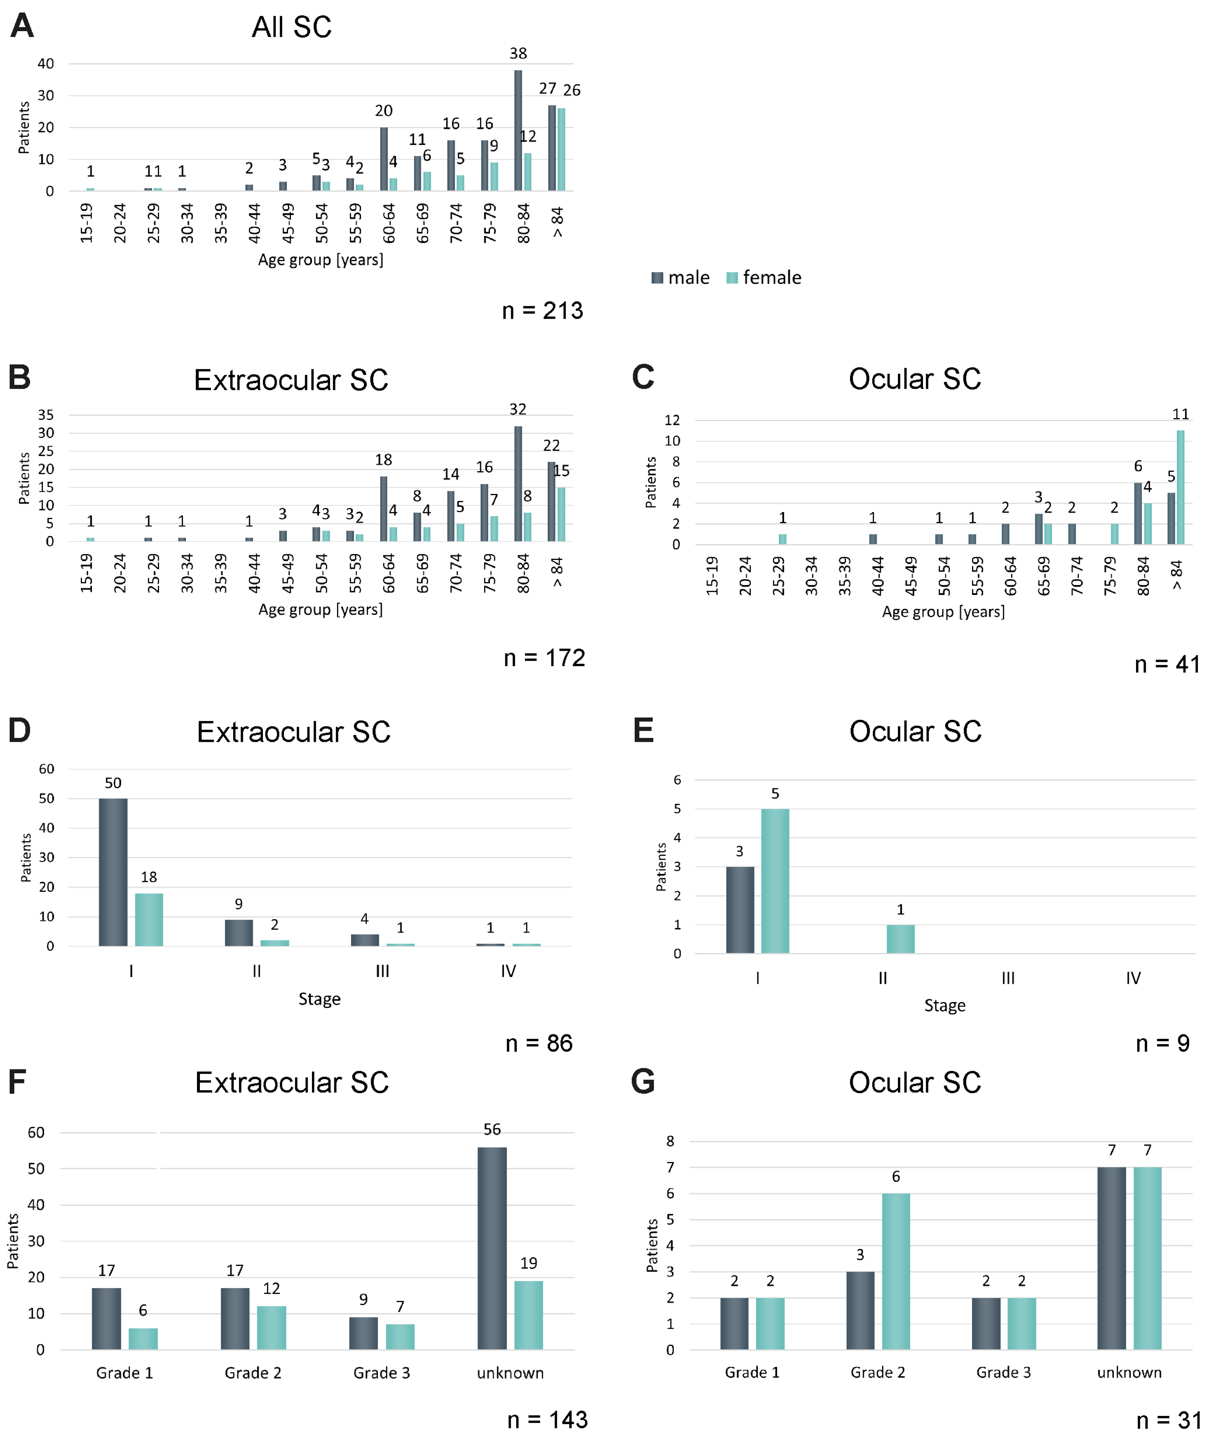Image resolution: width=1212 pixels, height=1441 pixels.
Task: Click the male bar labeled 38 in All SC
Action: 518,131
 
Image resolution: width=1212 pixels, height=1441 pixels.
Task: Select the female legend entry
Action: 764,277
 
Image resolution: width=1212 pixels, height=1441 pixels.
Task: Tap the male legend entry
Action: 680,277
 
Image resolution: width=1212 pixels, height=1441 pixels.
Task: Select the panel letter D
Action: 20,730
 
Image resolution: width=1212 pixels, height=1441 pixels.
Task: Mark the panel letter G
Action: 643,1081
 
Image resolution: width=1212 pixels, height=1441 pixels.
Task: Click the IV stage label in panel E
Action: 1133,977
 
